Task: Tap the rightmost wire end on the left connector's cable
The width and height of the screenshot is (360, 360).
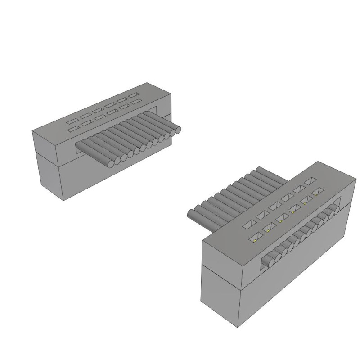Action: (x=178, y=130)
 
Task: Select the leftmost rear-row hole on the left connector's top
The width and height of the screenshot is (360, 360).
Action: (x=72, y=121)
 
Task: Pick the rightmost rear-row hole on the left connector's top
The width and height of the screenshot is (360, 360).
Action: (x=134, y=95)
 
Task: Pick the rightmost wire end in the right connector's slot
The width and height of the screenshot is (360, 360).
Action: (x=335, y=211)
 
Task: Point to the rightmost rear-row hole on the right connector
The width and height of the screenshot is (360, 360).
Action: (x=309, y=181)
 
